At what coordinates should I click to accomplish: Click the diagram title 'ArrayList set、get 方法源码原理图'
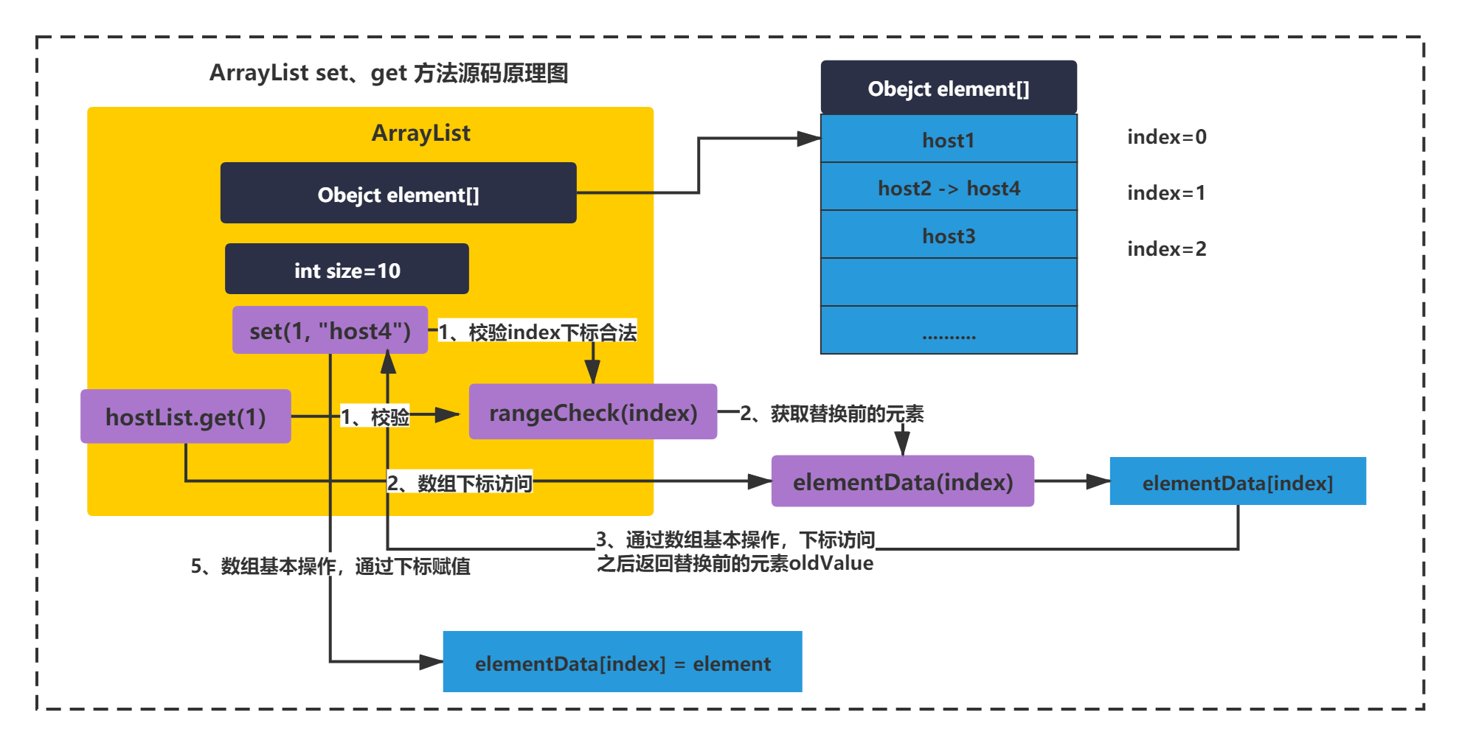(x=389, y=73)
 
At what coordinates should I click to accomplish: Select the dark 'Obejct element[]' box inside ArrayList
(x=398, y=193)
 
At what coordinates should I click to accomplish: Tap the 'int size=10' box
(x=347, y=269)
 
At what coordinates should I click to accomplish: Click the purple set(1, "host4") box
(x=330, y=330)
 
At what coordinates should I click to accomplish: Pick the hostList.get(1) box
(x=186, y=416)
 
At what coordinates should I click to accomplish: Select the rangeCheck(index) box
(x=593, y=412)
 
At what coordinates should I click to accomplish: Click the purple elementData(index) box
(x=903, y=481)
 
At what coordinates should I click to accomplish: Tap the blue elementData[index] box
(x=1238, y=481)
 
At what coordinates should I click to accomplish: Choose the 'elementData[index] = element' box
(x=623, y=662)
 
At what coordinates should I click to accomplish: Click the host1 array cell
(x=949, y=139)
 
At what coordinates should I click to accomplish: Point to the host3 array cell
(x=949, y=234)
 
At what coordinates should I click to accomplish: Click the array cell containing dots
(x=949, y=330)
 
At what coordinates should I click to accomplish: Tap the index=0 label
(x=1167, y=137)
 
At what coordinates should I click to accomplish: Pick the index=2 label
(x=1167, y=249)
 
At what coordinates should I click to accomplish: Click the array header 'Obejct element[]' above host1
(x=949, y=88)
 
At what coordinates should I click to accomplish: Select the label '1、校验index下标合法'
(x=538, y=332)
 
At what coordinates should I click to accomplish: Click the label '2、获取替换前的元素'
(x=832, y=414)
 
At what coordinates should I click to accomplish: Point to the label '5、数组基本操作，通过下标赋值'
(x=330, y=566)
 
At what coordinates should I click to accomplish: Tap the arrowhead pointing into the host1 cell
(x=809, y=139)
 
